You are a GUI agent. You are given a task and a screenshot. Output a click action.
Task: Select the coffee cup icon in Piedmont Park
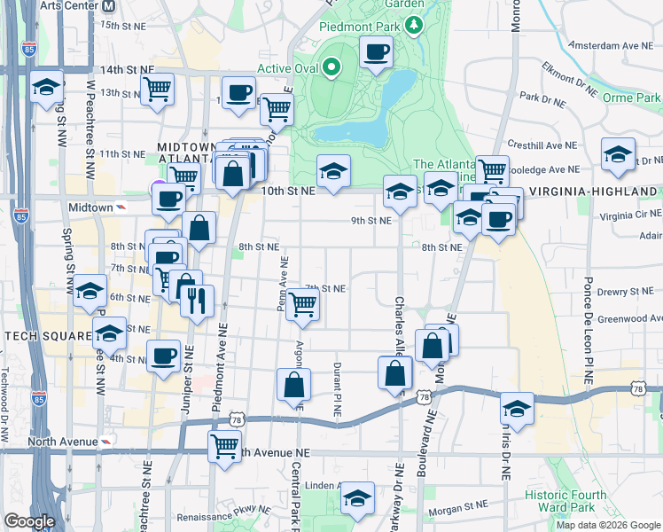(x=377, y=52)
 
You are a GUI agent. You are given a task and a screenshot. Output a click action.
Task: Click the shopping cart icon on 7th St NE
(x=303, y=304)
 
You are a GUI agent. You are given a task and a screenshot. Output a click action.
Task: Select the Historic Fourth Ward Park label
(x=565, y=502)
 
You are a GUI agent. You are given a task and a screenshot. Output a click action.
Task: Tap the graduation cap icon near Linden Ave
(x=357, y=497)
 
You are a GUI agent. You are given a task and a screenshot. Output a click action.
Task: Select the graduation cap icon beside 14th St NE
(x=46, y=88)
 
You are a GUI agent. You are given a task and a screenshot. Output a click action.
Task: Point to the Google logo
(x=28, y=521)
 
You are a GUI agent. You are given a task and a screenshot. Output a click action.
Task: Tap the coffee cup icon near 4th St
(x=163, y=356)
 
